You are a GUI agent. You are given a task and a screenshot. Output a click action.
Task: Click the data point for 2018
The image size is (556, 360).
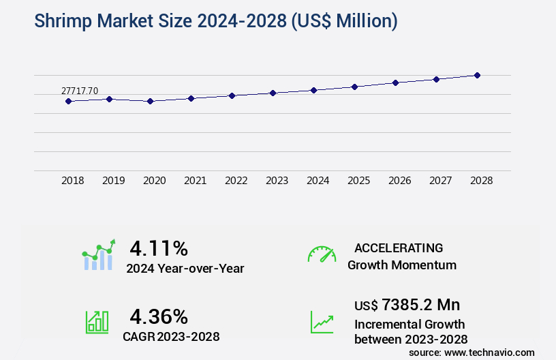pyautogui.click(x=68, y=101)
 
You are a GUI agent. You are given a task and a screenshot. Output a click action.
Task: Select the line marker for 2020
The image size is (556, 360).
pyautogui.click(x=151, y=101)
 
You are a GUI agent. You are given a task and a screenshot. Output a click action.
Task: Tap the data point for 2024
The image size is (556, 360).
pyautogui.click(x=313, y=90)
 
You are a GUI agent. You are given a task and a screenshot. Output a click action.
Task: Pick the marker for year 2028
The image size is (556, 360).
pyautogui.click(x=477, y=75)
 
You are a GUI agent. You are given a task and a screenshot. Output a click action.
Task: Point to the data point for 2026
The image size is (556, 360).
pyautogui.click(x=395, y=82)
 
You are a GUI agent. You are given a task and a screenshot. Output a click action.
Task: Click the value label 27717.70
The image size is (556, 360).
pyautogui.click(x=80, y=91)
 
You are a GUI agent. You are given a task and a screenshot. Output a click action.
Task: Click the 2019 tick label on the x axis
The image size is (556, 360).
pyautogui.click(x=113, y=181)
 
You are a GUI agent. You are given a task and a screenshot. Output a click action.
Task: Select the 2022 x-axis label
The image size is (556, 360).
pyautogui.click(x=236, y=181)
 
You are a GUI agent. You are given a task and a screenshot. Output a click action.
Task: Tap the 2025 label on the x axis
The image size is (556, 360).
pyautogui.click(x=358, y=181)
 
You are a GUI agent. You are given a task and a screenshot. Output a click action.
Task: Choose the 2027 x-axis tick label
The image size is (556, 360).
pyautogui.click(x=440, y=181)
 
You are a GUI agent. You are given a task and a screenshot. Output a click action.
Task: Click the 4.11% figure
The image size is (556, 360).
pyautogui.click(x=159, y=247)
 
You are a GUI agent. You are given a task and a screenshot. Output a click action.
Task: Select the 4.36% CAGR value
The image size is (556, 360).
pyautogui.click(x=159, y=316)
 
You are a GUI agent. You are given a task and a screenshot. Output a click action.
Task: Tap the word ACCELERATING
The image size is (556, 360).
pyautogui.click(x=399, y=247)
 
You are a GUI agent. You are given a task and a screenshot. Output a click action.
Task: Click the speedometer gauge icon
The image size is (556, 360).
pyautogui.click(x=322, y=254)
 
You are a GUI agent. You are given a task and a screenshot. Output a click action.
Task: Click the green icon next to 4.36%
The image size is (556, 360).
pyautogui.click(x=97, y=322)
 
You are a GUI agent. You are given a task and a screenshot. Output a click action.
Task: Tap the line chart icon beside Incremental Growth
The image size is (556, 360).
pyautogui.click(x=322, y=322)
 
